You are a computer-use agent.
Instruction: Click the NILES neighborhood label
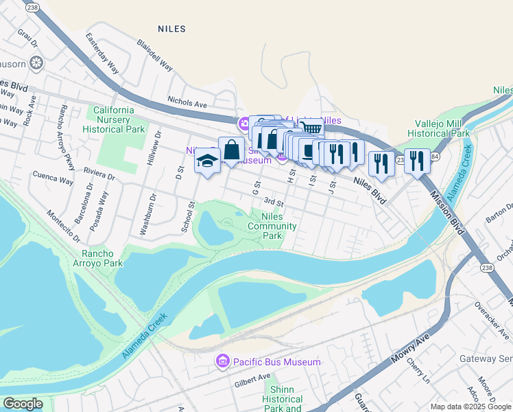click(171, 29)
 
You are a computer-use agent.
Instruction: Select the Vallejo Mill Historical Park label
click(438, 128)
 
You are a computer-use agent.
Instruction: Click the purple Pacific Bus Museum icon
click(222, 361)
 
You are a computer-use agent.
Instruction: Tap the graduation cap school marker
click(206, 161)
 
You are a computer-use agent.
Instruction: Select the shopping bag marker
click(232, 149)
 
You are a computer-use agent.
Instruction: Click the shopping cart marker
click(311, 129)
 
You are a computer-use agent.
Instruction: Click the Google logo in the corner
click(22, 404)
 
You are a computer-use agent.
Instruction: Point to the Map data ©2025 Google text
click(470, 407)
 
